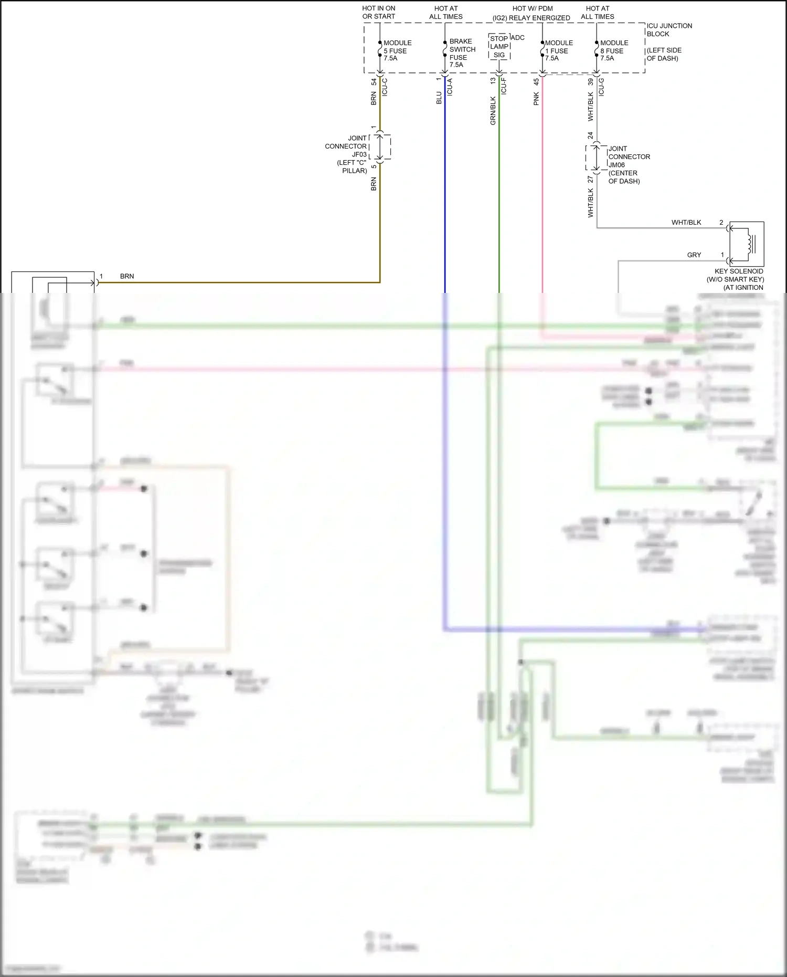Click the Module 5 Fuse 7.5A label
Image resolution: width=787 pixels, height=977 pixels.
[x=397, y=50]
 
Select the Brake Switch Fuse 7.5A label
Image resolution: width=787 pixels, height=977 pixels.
[x=462, y=52]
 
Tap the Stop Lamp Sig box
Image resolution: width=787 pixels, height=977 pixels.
[x=499, y=47]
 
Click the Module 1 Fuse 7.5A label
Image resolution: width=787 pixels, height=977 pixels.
[x=558, y=50]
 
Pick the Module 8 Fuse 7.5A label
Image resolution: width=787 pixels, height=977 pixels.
[x=613, y=50]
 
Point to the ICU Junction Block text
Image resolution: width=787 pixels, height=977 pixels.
[x=669, y=30]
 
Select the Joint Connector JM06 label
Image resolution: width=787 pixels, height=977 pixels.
[x=628, y=164]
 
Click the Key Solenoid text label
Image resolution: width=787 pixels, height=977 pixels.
[x=738, y=279]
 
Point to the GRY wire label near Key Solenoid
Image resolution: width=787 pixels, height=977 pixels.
[x=694, y=255]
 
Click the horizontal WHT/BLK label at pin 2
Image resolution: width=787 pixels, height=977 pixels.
[x=686, y=222]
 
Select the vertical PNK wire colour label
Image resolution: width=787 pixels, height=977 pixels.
[x=536, y=99]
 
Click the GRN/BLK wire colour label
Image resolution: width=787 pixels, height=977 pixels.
[x=493, y=110]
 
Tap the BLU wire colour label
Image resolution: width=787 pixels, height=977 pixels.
[x=439, y=98]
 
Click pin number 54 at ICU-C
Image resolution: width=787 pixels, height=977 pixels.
[x=374, y=82]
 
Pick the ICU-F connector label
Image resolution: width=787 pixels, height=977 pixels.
[x=504, y=86]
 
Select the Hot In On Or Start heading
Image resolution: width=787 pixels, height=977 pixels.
[x=378, y=13]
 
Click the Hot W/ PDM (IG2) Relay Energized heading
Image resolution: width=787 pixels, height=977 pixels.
[x=531, y=13]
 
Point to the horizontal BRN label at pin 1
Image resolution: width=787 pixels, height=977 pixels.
[x=127, y=276]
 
